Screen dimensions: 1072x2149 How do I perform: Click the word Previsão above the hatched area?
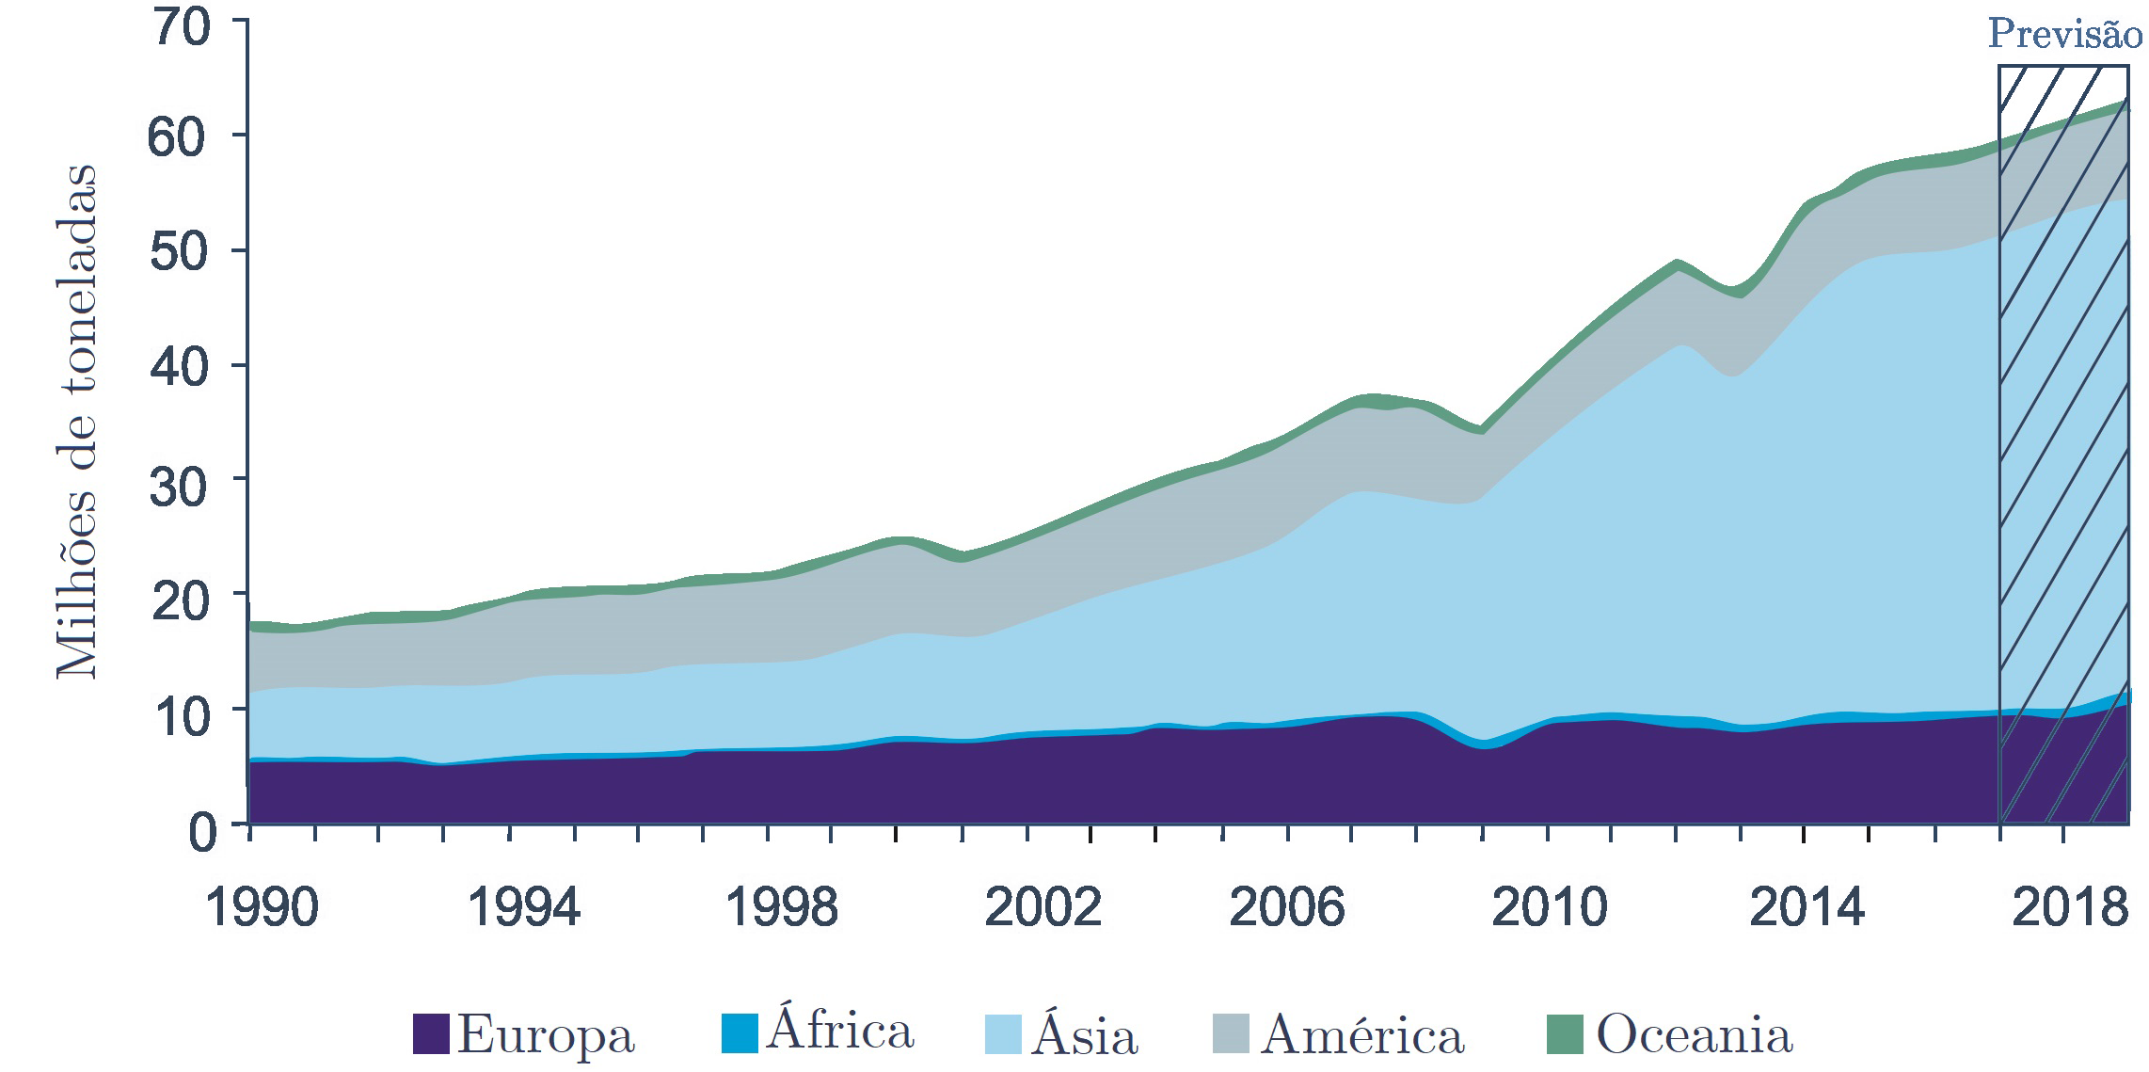click(x=2064, y=36)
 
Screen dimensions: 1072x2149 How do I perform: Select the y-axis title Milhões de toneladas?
click(x=77, y=421)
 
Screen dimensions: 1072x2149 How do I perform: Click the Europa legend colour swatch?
click(x=431, y=1033)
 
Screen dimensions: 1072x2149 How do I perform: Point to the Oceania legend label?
click(x=1694, y=1033)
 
